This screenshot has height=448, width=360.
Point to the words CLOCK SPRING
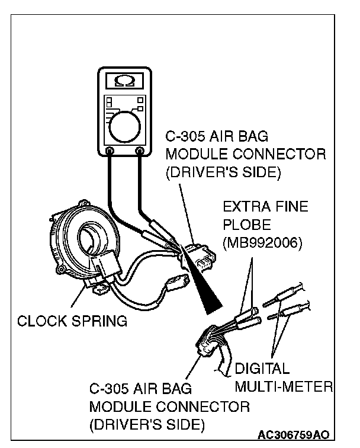coord(72,322)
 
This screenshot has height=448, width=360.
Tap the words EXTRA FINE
coord(266,208)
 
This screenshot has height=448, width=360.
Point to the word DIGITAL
coord(262,369)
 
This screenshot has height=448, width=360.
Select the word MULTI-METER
coord(284,387)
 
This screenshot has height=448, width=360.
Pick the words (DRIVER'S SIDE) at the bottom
coord(147,425)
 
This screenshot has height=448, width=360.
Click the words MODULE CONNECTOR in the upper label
coord(246,155)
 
